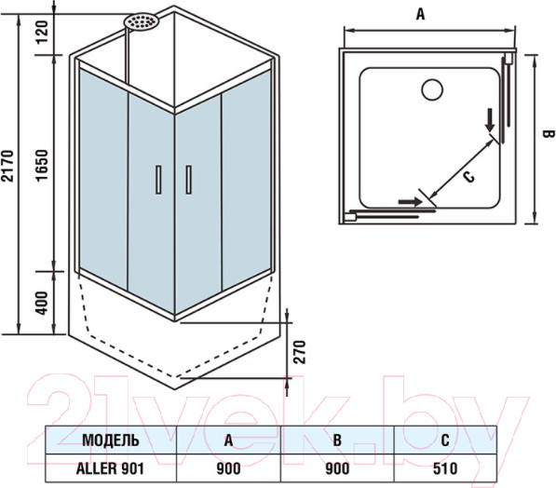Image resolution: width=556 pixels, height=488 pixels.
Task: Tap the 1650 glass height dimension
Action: [43, 165]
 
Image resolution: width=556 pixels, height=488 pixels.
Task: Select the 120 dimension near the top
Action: [43, 32]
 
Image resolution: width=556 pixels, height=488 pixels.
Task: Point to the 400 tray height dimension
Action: [42, 303]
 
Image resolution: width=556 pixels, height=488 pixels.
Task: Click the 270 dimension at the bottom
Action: [300, 352]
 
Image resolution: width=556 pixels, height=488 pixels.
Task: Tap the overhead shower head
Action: [141, 23]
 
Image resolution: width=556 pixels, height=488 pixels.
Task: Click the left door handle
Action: [158, 180]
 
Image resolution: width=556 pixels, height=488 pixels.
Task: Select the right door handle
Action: [189, 180]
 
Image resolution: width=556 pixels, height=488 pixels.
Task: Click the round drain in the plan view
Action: [432, 89]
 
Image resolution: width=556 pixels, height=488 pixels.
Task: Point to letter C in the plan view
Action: [469, 176]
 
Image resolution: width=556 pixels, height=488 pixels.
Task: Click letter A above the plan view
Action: [420, 15]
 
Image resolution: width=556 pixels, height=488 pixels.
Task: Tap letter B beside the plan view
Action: [549, 134]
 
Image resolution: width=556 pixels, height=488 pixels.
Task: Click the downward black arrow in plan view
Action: [491, 120]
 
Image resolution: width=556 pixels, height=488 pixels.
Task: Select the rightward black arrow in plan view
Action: [411, 202]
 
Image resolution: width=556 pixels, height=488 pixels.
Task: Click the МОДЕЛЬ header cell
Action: [111, 441]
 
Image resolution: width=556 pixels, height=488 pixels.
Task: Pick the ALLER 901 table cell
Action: [110, 468]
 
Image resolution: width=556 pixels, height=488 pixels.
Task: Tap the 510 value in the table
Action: [445, 468]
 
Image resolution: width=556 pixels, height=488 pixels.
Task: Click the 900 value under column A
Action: [228, 468]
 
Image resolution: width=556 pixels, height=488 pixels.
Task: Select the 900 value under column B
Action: [337, 468]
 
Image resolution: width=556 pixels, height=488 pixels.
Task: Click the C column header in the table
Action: [445, 441]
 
